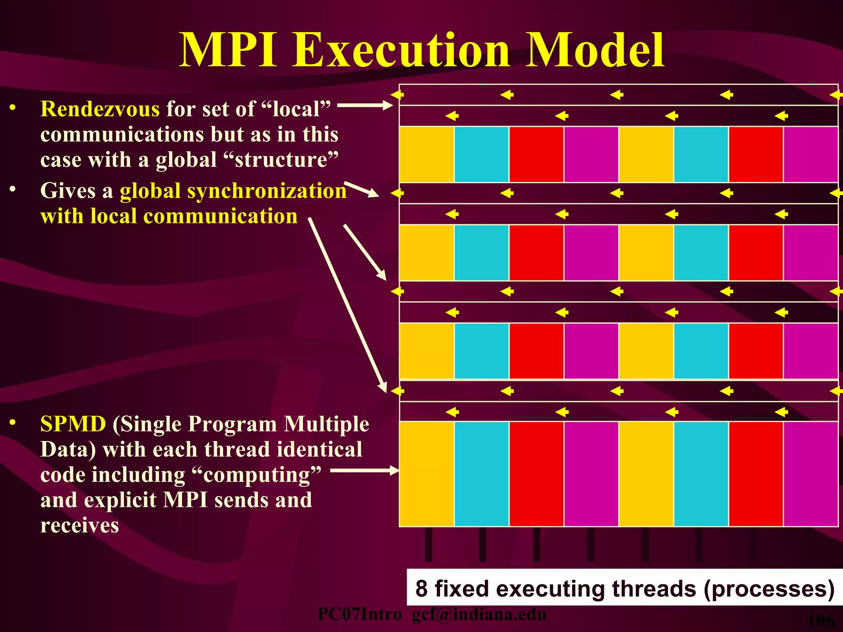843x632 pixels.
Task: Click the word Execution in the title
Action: click(401, 51)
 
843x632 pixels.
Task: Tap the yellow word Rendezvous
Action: click(100, 109)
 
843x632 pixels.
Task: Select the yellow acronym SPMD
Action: click(73, 424)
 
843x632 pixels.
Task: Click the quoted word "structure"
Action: click(283, 160)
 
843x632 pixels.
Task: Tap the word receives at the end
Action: click(80, 526)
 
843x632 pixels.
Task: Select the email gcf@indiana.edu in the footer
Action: click(479, 615)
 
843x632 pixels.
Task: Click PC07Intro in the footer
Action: click(360, 615)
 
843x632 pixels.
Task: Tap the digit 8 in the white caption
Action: click(421, 589)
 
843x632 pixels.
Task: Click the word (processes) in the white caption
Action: click(769, 589)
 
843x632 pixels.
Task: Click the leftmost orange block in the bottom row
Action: click(426, 474)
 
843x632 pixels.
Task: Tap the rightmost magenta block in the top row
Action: click(810, 154)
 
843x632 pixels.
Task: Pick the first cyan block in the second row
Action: click(481, 253)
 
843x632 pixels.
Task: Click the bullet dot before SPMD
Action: click(13, 423)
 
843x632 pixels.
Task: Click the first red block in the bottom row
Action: click(536, 474)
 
